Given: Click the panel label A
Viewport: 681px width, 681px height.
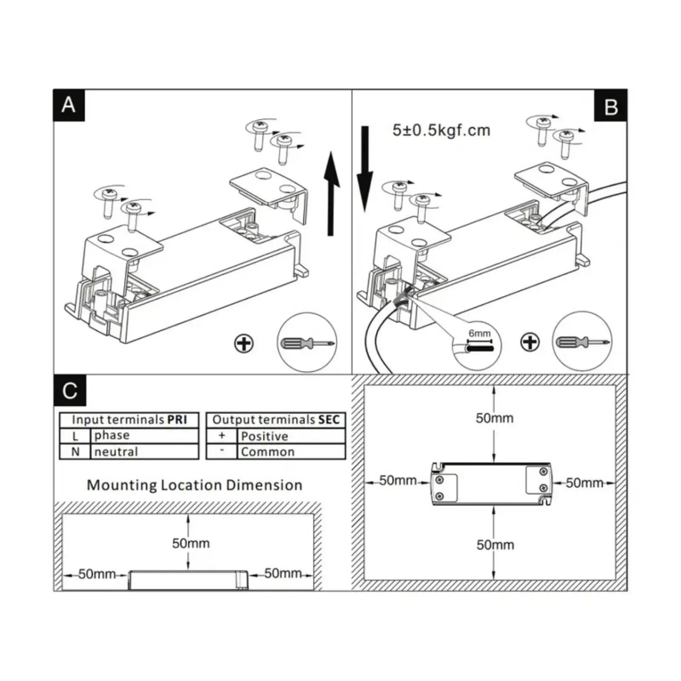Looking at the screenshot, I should click(x=69, y=105).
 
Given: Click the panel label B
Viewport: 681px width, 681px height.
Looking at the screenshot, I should click(x=611, y=107).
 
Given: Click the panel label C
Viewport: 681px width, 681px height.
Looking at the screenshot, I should click(x=69, y=390).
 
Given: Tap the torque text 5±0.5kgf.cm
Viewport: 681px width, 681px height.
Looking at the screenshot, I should click(x=441, y=130).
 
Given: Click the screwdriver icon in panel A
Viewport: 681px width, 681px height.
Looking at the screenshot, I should click(x=307, y=342).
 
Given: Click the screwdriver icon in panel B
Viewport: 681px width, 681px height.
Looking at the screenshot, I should click(x=582, y=341).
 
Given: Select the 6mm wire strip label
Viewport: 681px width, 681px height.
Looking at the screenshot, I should click(x=479, y=334).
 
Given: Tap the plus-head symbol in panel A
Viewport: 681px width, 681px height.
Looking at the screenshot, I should click(x=244, y=344).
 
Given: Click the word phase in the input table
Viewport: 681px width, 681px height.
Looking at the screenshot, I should click(x=112, y=435).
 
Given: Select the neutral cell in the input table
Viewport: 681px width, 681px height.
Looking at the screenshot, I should click(x=116, y=452).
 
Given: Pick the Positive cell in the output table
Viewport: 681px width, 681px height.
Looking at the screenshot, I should click(x=264, y=436).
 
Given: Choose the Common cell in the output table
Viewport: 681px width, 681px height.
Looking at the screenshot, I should click(x=267, y=452).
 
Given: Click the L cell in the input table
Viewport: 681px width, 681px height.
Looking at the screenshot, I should click(x=75, y=436).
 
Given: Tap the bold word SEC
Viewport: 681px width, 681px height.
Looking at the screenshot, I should click(x=329, y=420).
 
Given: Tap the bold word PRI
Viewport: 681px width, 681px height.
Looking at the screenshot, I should click(x=177, y=419).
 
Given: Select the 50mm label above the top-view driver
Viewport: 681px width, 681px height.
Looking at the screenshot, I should click(x=494, y=418).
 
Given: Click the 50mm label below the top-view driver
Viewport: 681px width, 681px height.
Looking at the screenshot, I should click(x=495, y=545).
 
